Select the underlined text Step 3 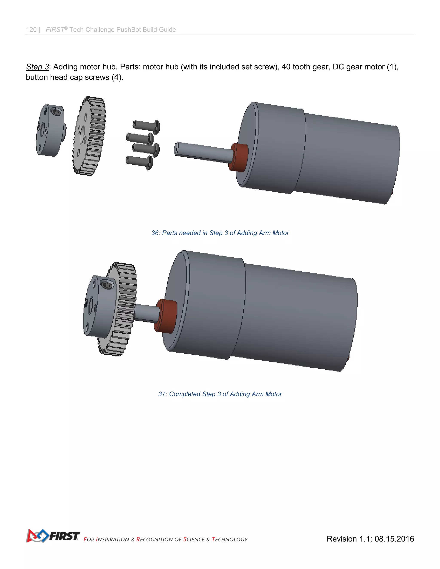(x=37, y=67)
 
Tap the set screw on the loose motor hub (x=56, y=112)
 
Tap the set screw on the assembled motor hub (x=106, y=284)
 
